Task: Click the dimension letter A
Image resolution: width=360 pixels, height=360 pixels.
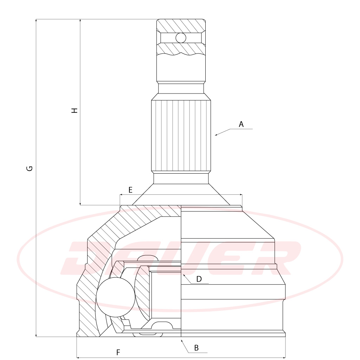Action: [241, 124]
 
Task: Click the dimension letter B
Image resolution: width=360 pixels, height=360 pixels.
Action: [196, 348]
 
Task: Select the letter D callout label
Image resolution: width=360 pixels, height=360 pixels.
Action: [199, 279]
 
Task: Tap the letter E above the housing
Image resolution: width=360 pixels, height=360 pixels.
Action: [130, 190]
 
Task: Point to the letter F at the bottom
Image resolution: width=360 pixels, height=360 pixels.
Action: [118, 352]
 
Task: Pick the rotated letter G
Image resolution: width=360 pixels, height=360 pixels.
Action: [30, 168]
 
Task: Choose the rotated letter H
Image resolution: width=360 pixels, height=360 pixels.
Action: [75, 110]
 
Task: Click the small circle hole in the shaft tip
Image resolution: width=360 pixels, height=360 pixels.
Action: [181, 38]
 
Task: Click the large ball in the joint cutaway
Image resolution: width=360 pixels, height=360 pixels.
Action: [115, 297]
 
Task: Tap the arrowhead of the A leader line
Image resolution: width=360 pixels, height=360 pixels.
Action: [216, 135]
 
